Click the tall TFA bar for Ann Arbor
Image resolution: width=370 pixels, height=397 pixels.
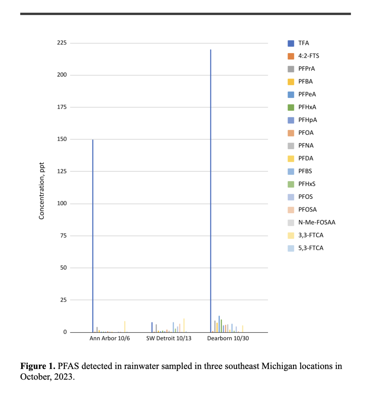click(x=93, y=235)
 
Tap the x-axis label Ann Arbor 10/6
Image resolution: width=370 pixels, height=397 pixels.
click(x=109, y=338)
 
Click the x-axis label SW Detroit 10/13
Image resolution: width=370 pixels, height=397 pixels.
click(x=169, y=338)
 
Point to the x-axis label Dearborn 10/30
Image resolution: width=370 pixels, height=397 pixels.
click(x=228, y=338)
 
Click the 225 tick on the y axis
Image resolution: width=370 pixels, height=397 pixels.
click(x=62, y=43)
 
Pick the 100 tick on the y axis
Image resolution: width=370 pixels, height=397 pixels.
click(x=62, y=203)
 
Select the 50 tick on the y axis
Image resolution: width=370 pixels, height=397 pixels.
click(x=63, y=268)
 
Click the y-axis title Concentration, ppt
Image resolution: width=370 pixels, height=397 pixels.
click(x=42, y=191)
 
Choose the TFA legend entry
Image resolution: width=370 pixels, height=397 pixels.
click(x=303, y=43)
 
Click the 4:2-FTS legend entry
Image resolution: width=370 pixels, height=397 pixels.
click(x=309, y=56)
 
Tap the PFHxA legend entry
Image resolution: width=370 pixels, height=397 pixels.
click(x=307, y=107)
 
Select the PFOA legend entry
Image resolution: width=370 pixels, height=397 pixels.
click(x=306, y=133)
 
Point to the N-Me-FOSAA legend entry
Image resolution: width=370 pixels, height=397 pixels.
click(x=317, y=223)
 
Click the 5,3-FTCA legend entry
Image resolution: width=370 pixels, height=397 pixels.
click(x=311, y=248)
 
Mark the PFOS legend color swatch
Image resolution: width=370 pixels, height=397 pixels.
click(x=291, y=197)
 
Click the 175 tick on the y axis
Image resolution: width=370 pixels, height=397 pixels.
click(x=62, y=107)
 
